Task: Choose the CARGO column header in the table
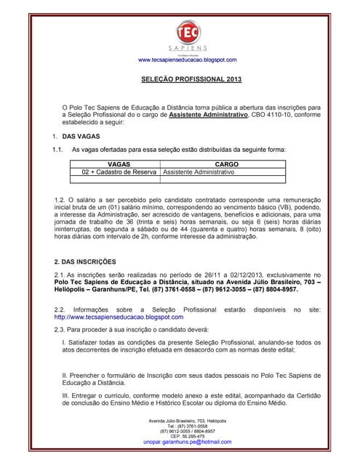(228, 164)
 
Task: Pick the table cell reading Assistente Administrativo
(199, 172)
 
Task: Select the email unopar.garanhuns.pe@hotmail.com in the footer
(187, 442)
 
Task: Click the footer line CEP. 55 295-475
(187, 436)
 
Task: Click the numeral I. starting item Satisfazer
(65, 341)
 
